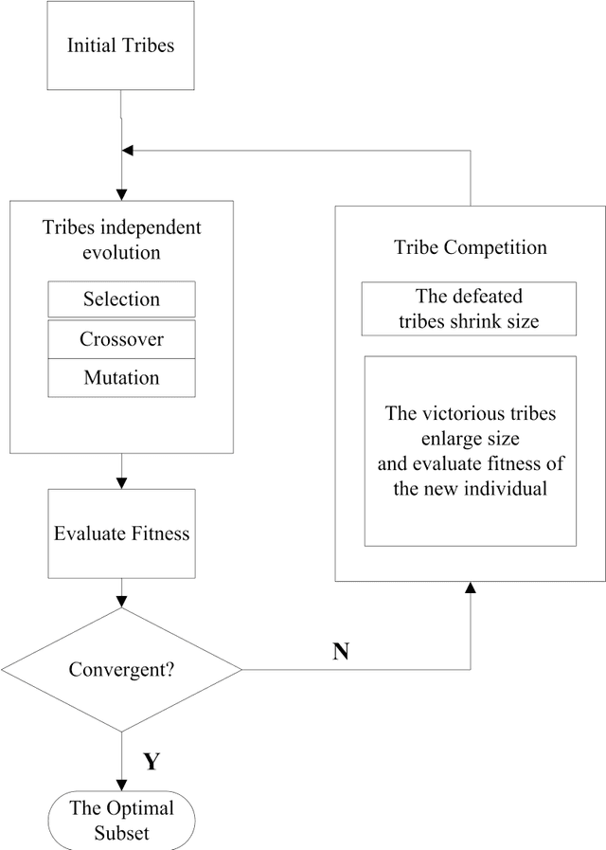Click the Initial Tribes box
click(x=121, y=45)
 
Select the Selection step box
click(x=121, y=299)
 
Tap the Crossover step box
click(x=121, y=338)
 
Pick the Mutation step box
click(x=121, y=378)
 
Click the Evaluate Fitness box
click(x=121, y=534)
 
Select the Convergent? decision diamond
click(x=121, y=669)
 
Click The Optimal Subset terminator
click(x=121, y=820)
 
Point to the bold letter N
click(x=342, y=652)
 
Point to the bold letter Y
click(x=150, y=761)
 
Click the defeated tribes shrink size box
click(x=469, y=309)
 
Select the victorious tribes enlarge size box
click(x=470, y=450)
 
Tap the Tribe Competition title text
click(x=470, y=247)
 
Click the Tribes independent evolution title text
click(x=121, y=241)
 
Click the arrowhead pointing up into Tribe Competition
click(x=470, y=589)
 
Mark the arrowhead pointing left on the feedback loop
click(x=129, y=151)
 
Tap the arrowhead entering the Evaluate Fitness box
click(x=121, y=482)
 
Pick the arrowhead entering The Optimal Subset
click(x=121, y=784)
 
